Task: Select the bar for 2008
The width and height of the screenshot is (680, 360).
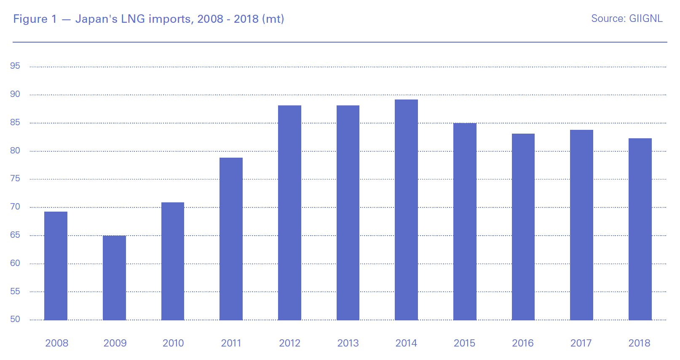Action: (x=56, y=266)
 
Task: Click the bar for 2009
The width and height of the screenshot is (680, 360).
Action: (x=114, y=278)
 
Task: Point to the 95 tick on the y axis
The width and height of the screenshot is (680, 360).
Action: (x=15, y=66)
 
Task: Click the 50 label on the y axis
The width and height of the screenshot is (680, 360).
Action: (x=15, y=319)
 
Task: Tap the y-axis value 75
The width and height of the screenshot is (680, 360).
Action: (x=15, y=178)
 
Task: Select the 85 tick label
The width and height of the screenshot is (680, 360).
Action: (x=15, y=122)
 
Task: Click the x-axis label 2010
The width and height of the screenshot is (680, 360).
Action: (x=173, y=343)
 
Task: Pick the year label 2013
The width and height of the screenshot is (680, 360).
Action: (x=348, y=343)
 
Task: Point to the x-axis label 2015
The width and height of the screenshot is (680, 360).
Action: (x=464, y=343)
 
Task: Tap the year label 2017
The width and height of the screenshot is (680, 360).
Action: (x=581, y=343)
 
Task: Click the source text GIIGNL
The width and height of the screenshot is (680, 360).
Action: (x=645, y=19)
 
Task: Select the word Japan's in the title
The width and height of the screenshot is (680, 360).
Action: (x=96, y=19)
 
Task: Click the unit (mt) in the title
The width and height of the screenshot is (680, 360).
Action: (x=273, y=19)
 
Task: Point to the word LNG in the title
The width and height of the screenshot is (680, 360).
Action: (x=133, y=19)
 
